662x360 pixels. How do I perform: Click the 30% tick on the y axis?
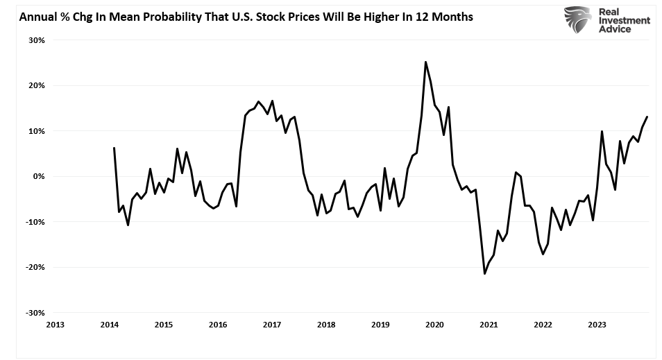tap(36, 40)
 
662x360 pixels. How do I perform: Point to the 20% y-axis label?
tap(36, 85)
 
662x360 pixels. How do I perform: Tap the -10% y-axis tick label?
tap(35, 222)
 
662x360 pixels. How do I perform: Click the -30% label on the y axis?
tap(35, 313)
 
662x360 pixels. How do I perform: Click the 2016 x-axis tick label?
tap(217, 324)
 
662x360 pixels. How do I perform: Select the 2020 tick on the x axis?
tap(434, 324)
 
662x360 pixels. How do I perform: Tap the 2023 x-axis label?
tap(597, 324)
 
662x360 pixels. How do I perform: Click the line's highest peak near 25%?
tap(425, 62)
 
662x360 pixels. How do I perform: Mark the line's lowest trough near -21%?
tap(484, 274)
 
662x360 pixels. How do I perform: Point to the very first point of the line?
tap(114, 148)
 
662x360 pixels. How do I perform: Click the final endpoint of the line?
tap(647, 117)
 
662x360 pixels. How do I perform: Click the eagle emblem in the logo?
tap(577, 20)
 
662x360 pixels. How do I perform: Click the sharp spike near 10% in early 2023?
tap(602, 131)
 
